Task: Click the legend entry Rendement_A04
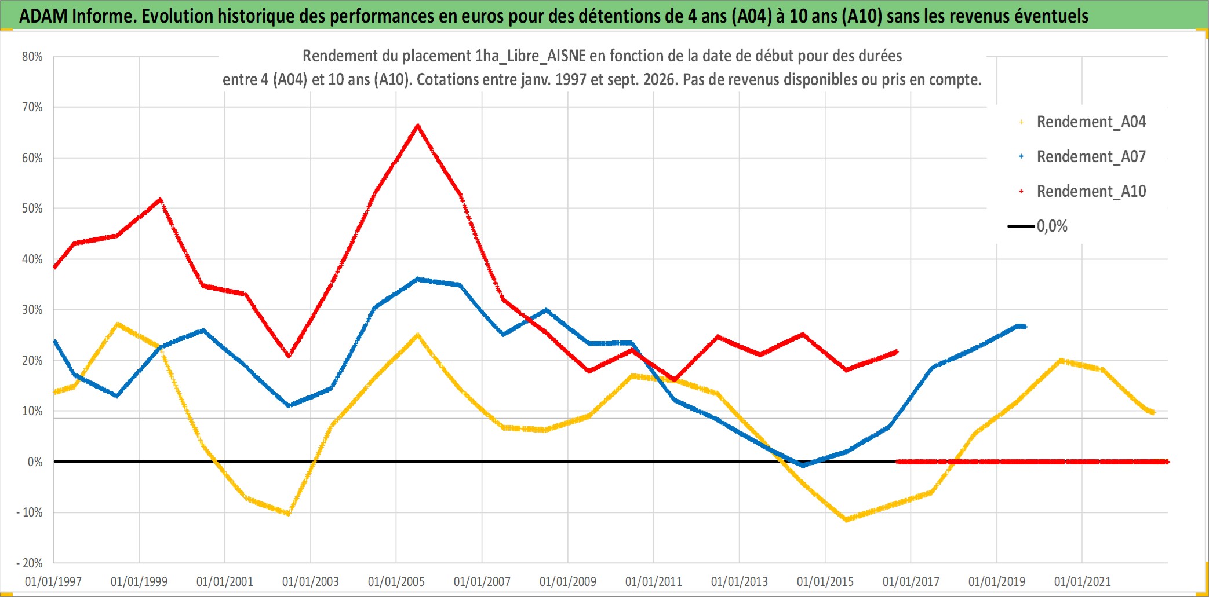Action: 1082,122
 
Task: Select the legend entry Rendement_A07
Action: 1082,156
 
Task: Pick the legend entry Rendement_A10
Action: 1082,191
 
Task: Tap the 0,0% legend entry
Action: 1038,226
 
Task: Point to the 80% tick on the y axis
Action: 32,57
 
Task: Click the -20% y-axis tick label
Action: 30,563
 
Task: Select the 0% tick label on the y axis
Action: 35,462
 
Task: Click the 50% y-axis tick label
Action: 32,208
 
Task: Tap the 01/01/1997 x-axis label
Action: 53,581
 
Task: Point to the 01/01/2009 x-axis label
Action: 568,581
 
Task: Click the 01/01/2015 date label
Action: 825,581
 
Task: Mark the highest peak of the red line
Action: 418,125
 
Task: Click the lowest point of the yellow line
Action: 847,519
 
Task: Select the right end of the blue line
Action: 1025,327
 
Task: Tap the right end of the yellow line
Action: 1153,413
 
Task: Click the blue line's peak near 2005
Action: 417,279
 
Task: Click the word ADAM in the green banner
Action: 44,16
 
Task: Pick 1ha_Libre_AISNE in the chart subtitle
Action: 530,56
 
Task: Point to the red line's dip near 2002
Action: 289,356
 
